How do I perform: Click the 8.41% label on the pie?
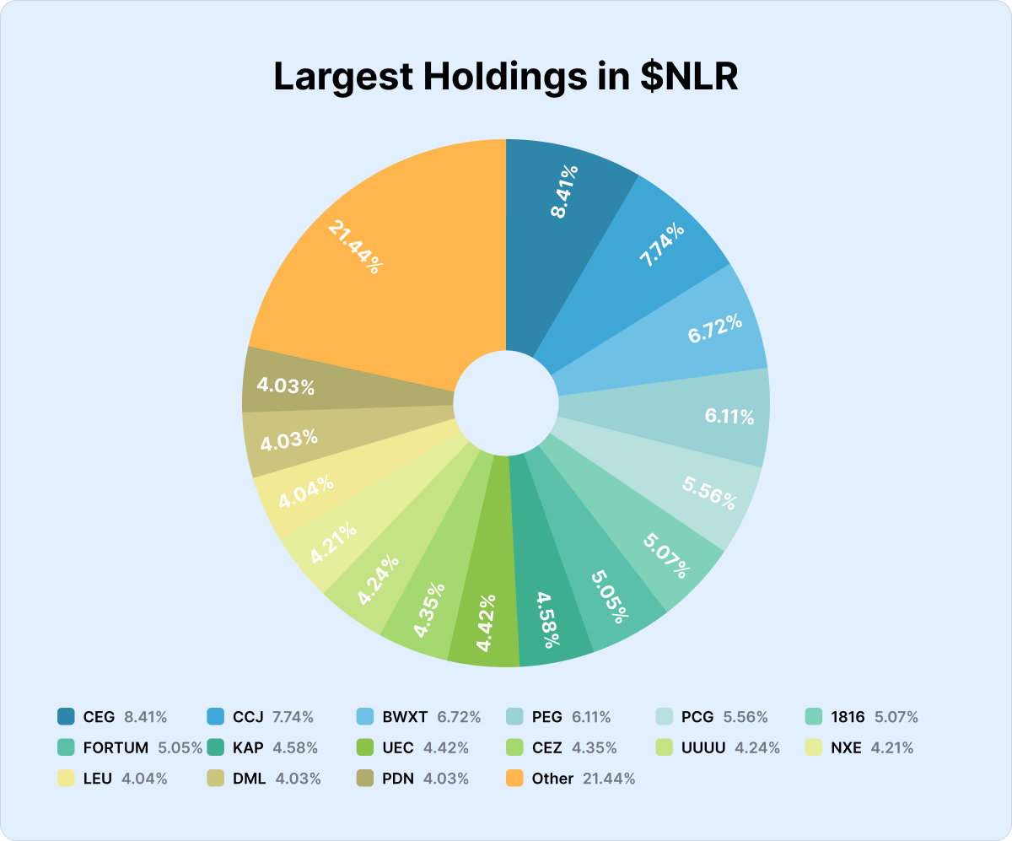tap(565, 191)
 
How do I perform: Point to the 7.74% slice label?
tap(662, 241)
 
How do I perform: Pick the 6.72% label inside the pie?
tap(715, 327)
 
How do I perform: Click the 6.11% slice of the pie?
tap(729, 416)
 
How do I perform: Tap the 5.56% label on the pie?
tap(708, 493)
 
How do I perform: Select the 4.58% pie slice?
tap(546, 620)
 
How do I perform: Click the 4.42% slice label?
tap(485, 623)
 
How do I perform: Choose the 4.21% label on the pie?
tap(332, 544)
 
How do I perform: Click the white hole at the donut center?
tap(506, 404)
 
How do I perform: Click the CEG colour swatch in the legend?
tap(66, 717)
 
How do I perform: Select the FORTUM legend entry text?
tap(116, 747)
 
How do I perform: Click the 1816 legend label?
tap(848, 717)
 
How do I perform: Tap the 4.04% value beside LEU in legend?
tap(145, 779)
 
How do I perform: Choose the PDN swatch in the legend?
tap(365, 779)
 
